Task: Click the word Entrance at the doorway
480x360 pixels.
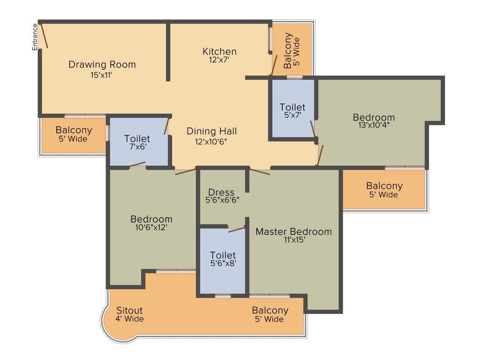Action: tap(35, 37)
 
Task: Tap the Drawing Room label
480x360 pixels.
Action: tap(102, 64)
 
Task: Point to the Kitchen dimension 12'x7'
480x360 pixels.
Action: tap(219, 60)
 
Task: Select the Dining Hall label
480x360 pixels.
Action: tap(212, 131)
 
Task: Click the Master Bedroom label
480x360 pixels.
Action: tap(293, 232)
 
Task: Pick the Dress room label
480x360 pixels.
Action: tap(221, 192)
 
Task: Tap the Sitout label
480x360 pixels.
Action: tap(129, 310)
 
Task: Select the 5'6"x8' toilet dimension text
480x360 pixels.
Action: tap(223, 263)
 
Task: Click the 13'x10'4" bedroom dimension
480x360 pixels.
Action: tap(374, 125)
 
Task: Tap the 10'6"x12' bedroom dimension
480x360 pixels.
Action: tap(151, 227)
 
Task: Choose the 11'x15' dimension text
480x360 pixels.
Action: tap(294, 240)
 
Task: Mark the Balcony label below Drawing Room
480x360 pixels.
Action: tap(74, 130)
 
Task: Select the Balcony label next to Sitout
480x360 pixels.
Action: tap(270, 310)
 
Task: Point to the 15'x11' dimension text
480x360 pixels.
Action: tap(102, 74)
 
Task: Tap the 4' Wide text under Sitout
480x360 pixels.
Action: tap(129, 319)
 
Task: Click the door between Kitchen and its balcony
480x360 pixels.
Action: tap(274, 65)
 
